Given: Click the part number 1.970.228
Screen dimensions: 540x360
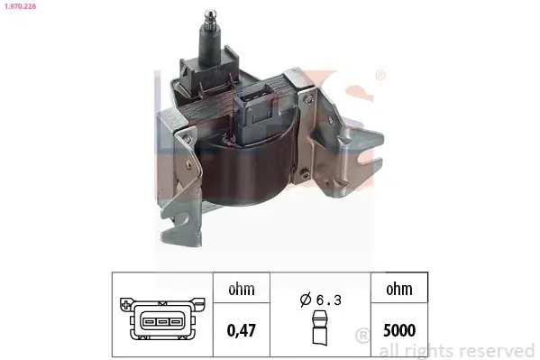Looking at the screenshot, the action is click(x=20, y=6).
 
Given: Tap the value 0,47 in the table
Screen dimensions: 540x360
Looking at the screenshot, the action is click(x=242, y=330).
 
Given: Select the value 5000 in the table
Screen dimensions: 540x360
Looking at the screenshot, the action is click(x=399, y=330).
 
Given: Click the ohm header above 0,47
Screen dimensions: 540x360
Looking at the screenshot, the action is click(x=242, y=289).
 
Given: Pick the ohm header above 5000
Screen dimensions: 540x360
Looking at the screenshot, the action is click(x=399, y=289).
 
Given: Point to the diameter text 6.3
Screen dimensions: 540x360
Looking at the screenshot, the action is click(x=328, y=300).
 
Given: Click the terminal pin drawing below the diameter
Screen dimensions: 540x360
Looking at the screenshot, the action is click(x=320, y=328).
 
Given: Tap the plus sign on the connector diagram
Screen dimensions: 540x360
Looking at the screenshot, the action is click(x=125, y=304).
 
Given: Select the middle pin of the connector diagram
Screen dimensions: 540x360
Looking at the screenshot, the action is click(x=162, y=322).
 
